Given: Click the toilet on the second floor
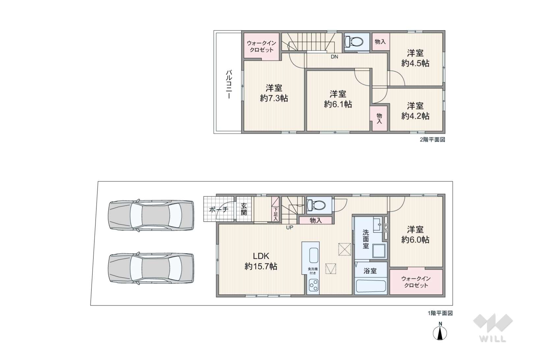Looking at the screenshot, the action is pos(354,42).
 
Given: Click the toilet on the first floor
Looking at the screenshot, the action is pos(316,205).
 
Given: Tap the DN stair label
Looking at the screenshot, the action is pos(334,57).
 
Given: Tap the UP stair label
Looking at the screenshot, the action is pos(290,227).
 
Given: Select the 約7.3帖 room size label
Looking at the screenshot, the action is pos(274,98).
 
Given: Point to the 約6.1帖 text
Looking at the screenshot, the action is pos(338,104).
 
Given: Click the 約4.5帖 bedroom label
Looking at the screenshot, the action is pos(415,63).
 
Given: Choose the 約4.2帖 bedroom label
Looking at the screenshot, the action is pos(415,116).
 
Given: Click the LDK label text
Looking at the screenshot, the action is pos(261,256).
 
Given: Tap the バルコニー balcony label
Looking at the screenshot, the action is pos(229,84).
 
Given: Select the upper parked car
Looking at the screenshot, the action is pos(151,215).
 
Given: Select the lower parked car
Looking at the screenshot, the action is pos(151,268).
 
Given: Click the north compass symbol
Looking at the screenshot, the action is pos(440,332).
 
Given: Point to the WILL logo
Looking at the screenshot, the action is pos(493,328).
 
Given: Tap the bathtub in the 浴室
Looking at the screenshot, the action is pos(371,286).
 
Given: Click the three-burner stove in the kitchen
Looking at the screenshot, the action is pos(313,286).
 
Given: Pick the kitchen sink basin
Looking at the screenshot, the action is pos(314,255).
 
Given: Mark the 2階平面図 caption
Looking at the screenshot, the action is pos(432,140).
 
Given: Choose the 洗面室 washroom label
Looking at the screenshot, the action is pos(365,239).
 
